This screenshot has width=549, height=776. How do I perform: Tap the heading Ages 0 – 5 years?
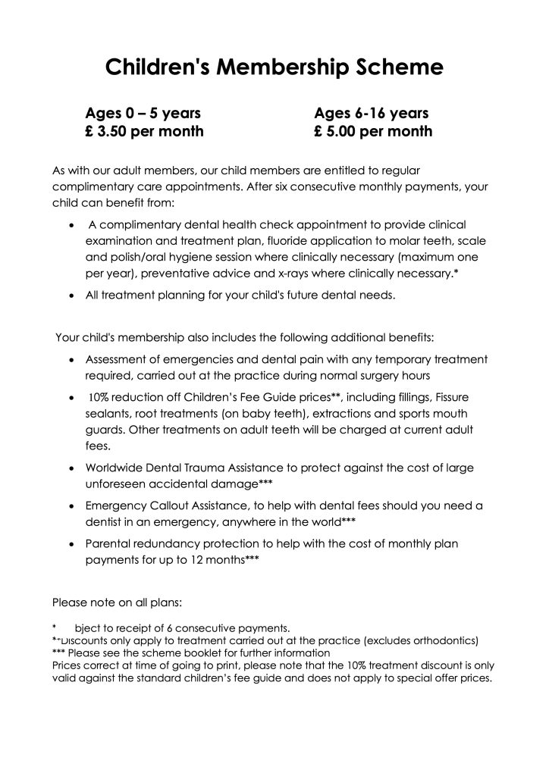[143, 114]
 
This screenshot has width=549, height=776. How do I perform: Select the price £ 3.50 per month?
[144, 132]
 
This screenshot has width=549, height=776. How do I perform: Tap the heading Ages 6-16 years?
[372, 114]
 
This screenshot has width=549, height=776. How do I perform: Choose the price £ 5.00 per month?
[373, 132]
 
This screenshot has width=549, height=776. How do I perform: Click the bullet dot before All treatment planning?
[71, 296]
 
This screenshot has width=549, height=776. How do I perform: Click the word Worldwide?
[116, 468]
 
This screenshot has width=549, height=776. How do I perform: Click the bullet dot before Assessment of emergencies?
[71, 359]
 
